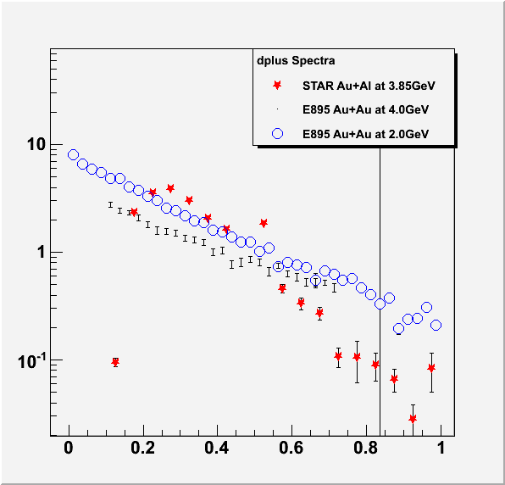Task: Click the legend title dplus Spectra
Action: pos(296,60)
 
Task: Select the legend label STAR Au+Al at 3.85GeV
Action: pos(369,86)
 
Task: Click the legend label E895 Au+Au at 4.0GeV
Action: pos(365,109)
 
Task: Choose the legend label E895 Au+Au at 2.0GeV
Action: pos(365,134)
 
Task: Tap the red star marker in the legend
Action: pos(277,86)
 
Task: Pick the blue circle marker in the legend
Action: pos(277,133)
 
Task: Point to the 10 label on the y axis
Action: pos(36,144)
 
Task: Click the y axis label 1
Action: pos(42,252)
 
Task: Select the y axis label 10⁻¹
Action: pos(31,361)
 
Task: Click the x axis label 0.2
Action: pos(143,448)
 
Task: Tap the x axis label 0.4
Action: pos(217,448)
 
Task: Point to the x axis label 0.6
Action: pos(291,448)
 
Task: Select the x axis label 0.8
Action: pos(366,448)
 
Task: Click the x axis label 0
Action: pos(69,448)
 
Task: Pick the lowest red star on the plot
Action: pos(413,419)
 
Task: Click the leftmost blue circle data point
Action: pos(73,154)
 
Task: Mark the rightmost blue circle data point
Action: pos(436,325)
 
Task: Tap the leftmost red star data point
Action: pos(115,363)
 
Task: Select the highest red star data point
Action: pos(170,188)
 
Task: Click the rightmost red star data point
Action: pos(431,368)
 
